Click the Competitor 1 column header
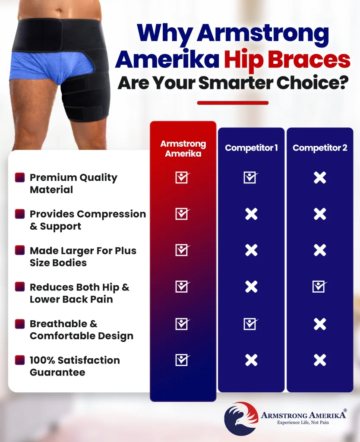point(251,148)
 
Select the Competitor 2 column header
point(320,148)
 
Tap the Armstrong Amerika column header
point(183,148)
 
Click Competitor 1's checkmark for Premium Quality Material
point(251,177)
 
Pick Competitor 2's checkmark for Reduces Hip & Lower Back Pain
point(320,287)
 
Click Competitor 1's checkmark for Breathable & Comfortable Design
point(251,324)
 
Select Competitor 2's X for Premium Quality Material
point(320,177)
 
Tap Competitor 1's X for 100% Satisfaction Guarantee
point(251,360)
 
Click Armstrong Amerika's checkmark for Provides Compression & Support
point(183,214)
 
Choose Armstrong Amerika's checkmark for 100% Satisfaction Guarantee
point(183,360)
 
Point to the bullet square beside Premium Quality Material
point(20,177)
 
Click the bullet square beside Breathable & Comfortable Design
point(20,324)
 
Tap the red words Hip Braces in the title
point(287,60)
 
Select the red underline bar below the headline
point(233,103)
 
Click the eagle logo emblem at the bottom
point(241,418)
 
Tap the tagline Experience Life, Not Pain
point(303,422)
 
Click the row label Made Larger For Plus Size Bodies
point(83,256)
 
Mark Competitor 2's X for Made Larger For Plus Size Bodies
point(320,250)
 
